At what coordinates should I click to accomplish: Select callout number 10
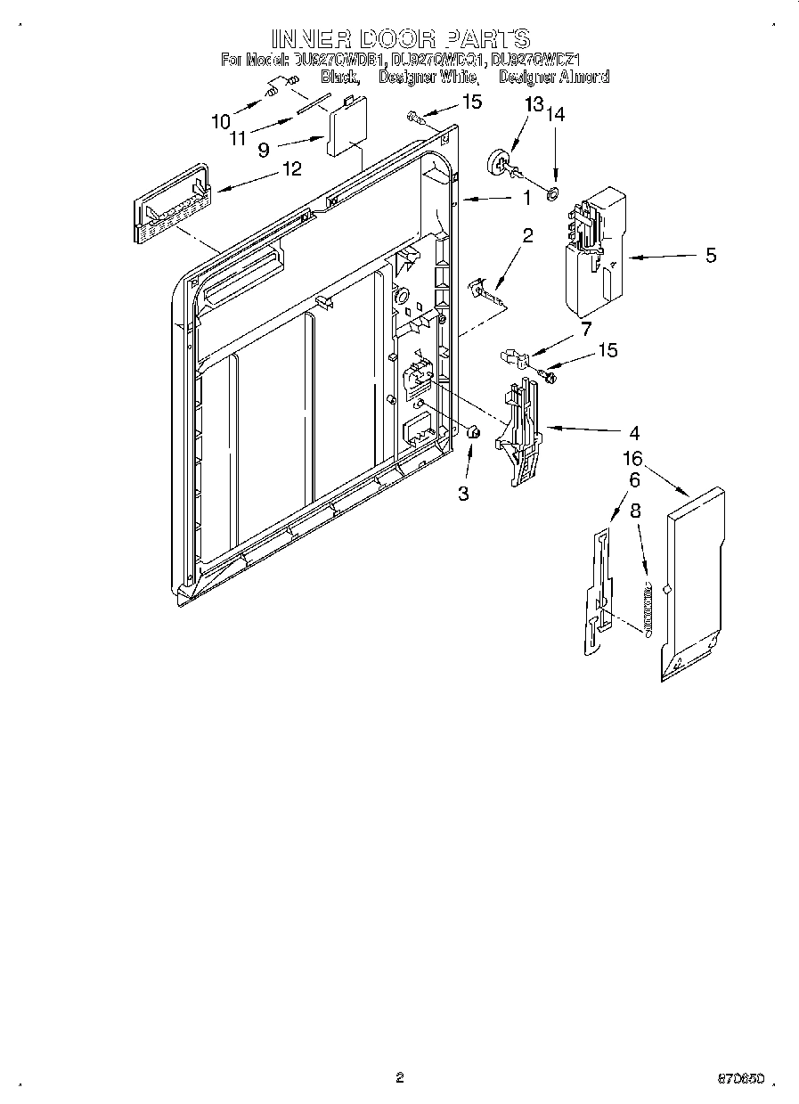pos(220,121)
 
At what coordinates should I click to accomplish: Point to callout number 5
pos(710,257)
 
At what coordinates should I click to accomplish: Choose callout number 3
pos(463,493)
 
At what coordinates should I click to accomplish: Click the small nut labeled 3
pos(474,433)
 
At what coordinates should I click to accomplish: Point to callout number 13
pos(533,105)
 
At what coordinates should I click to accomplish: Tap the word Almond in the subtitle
pos(584,78)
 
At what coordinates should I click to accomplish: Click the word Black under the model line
pos(339,78)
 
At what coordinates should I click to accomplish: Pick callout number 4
pos(633,434)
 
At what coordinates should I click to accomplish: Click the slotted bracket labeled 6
pos(598,593)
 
